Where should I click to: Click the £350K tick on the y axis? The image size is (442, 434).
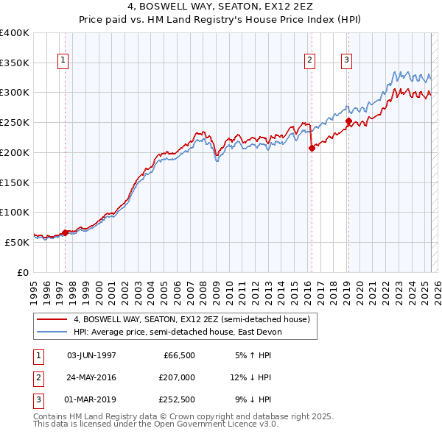15,63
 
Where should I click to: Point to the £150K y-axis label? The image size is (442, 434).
15,182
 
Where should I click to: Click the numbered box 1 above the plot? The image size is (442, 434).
63,61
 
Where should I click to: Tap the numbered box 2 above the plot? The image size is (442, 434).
310,61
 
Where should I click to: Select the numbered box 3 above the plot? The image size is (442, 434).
346,61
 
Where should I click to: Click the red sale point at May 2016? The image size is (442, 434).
312,148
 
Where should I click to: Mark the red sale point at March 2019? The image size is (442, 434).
348,121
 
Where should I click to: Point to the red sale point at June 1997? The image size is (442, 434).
65,232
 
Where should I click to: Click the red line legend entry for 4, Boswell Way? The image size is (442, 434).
195,320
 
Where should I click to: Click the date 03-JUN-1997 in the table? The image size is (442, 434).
91,355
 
